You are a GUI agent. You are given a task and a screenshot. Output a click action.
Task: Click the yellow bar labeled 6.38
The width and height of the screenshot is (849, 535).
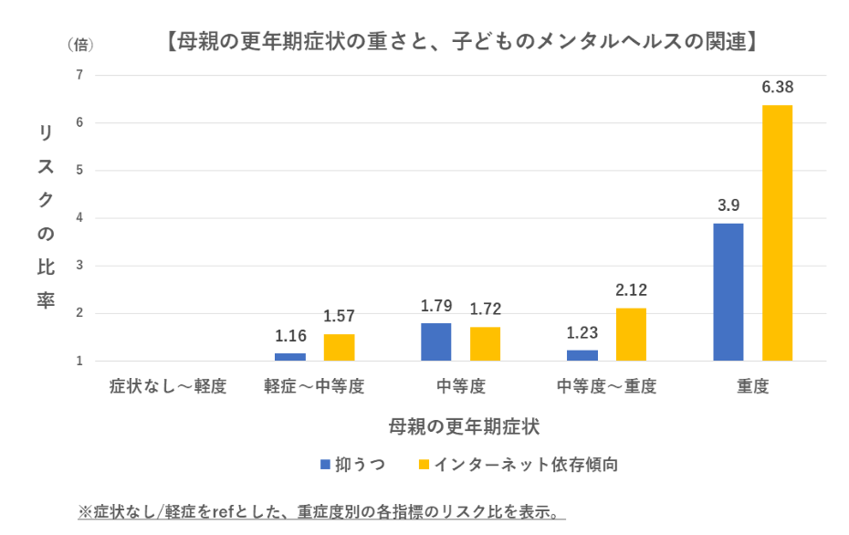tap(777, 233)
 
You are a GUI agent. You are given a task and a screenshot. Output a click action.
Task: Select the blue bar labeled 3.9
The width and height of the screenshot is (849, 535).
tap(728, 292)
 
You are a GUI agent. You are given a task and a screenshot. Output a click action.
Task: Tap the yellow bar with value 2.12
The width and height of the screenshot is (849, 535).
tap(631, 335)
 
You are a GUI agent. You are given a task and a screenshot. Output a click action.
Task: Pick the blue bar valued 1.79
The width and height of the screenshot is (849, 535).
tap(435, 342)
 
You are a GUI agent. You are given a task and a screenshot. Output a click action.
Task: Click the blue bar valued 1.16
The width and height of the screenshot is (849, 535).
tap(290, 357)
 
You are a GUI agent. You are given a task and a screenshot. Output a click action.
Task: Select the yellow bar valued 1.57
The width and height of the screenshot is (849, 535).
tap(339, 348)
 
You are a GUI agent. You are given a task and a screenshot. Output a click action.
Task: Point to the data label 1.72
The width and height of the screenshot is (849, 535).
tap(485, 309)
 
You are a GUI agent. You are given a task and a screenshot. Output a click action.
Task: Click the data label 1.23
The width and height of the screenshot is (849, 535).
tap(582, 333)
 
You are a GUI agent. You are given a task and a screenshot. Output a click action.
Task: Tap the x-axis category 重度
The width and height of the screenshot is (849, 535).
tap(753, 386)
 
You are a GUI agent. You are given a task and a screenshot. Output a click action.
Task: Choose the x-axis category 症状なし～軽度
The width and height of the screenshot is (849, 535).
tap(169, 386)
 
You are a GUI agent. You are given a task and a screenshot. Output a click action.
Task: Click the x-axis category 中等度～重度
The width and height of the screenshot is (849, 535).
tap(607, 386)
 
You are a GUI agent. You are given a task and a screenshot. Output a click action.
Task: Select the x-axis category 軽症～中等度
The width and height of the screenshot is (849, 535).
tap(314, 386)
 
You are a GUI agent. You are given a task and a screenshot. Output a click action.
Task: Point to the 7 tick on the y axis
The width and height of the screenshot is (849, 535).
tap(79, 75)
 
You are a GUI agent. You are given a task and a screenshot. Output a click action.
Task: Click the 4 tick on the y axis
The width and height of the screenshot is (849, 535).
tap(79, 218)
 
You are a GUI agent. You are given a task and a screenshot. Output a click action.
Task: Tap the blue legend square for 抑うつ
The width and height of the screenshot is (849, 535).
tap(325, 465)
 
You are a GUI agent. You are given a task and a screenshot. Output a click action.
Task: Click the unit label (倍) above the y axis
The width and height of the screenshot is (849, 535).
tap(79, 43)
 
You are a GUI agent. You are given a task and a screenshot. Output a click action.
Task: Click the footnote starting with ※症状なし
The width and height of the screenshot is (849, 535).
tap(321, 511)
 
